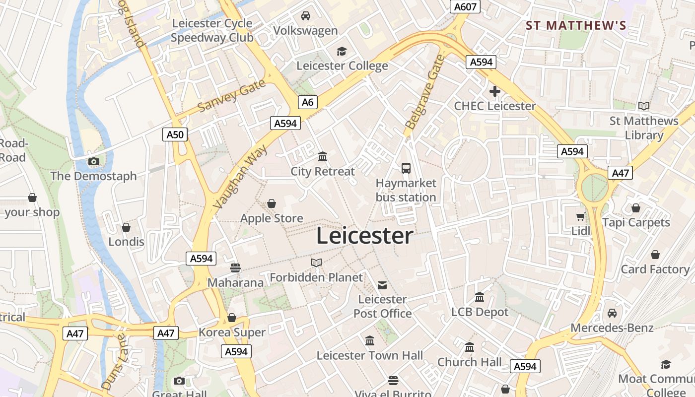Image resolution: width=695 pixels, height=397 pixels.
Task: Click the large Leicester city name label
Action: coord(364,236)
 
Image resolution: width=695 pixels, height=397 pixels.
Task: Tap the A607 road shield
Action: coord(465,6)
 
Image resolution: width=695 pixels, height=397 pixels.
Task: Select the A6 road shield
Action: coord(308,102)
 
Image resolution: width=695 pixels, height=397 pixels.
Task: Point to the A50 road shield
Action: coord(175,134)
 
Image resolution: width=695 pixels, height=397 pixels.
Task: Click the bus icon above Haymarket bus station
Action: coord(406,168)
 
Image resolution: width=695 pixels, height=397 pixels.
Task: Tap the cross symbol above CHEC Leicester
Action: coord(494,91)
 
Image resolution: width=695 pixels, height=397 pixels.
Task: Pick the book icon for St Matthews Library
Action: coord(644,106)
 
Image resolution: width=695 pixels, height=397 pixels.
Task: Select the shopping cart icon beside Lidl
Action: coord(580,216)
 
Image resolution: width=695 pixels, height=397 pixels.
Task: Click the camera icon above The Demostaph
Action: coord(93,161)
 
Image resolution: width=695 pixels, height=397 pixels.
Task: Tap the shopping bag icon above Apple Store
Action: coord(272,203)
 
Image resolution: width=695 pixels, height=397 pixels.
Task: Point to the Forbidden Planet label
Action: coord(316,277)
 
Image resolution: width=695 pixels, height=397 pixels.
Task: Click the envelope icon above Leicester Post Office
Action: coord(382,285)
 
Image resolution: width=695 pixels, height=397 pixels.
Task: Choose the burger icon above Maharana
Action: coord(235,268)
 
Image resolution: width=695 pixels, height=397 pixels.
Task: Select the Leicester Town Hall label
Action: coord(370,355)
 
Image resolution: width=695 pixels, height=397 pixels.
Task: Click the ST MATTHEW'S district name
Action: coord(576,25)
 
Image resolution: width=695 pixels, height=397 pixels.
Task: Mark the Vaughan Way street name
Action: coord(240,177)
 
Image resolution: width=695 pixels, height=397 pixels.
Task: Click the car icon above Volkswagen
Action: coord(306,16)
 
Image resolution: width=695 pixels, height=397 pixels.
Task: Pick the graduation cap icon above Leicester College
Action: coord(342,51)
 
